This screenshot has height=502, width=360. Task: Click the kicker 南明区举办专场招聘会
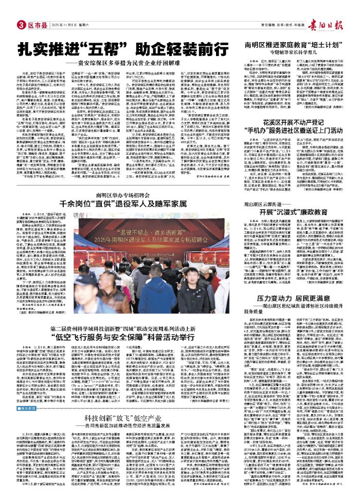pos(107,180)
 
